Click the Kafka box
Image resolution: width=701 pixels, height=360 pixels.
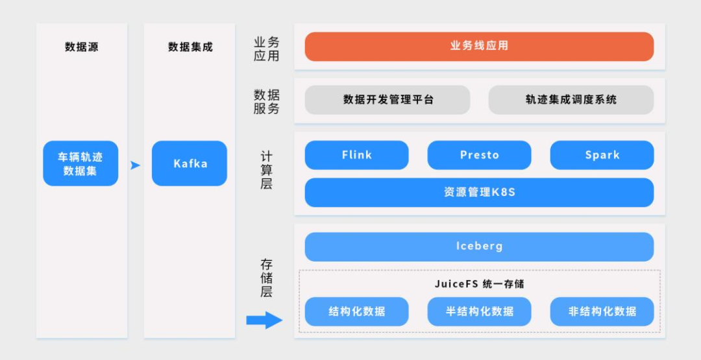click(190, 163)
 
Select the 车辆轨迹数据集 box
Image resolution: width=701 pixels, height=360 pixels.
click(80, 163)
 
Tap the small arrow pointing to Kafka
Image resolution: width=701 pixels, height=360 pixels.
click(135, 165)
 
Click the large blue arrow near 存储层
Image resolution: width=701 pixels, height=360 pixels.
click(264, 320)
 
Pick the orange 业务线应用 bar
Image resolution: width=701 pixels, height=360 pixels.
click(479, 47)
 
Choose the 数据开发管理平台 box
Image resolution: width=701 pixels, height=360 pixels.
click(387, 100)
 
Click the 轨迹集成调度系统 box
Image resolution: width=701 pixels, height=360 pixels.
click(571, 100)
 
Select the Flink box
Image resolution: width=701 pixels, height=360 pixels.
click(356, 155)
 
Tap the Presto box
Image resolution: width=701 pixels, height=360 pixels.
click(479, 155)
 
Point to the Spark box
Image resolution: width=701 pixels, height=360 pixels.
click(602, 155)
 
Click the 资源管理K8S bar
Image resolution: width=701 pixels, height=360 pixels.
click(479, 193)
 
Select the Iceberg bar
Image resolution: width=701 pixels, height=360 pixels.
click(479, 246)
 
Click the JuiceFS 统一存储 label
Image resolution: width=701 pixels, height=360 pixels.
click(479, 284)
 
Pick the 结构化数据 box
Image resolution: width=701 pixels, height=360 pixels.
click(356, 311)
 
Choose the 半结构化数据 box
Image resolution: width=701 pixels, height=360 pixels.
click(479, 311)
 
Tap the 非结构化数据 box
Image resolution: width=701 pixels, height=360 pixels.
click(602, 311)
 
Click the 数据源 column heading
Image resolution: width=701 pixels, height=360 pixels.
click(82, 47)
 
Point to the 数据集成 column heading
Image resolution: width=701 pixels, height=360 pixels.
click(190, 47)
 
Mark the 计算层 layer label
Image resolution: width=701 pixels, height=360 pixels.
click(266, 170)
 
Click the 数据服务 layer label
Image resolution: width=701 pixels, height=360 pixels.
click(266, 102)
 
